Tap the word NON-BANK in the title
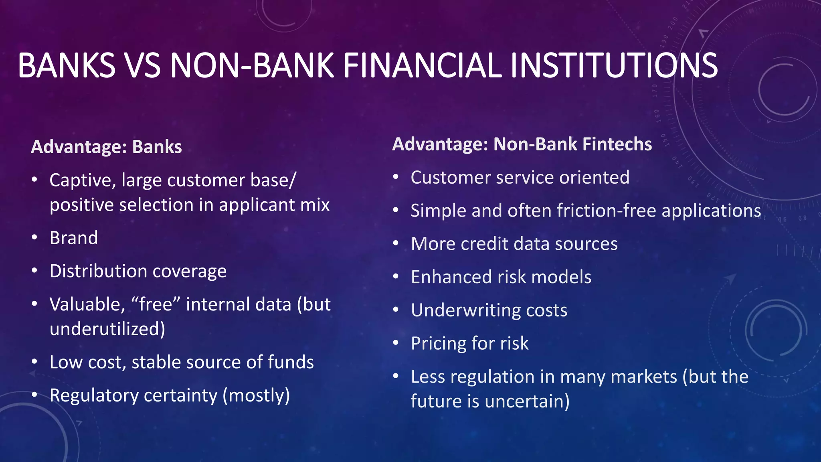coord(252,65)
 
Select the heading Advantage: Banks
coord(106,147)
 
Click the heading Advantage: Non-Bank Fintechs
coord(522,144)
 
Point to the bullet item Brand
coord(74,238)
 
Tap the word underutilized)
coord(107,329)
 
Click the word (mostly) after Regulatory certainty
coord(256,395)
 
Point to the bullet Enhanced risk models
coord(501,277)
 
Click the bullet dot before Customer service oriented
coord(396,177)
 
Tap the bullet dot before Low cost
coord(34,362)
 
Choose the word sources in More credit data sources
coord(591,244)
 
